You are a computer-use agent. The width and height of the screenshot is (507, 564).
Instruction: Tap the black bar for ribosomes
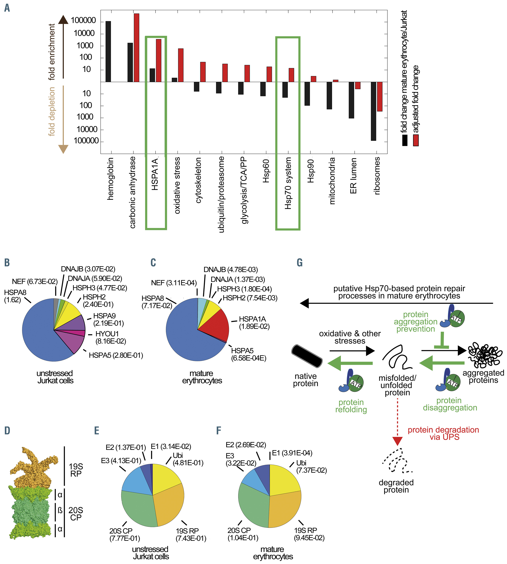(373, 111)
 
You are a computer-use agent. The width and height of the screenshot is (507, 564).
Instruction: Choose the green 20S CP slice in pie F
(252, 507)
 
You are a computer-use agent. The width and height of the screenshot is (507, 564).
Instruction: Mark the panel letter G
(300, 262)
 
